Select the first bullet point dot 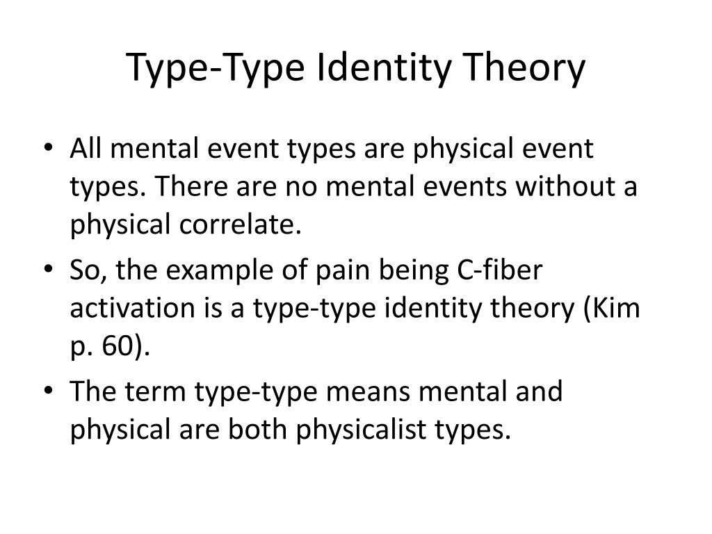[x=56, y=149]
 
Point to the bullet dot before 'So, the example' [x=56, y=270]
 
